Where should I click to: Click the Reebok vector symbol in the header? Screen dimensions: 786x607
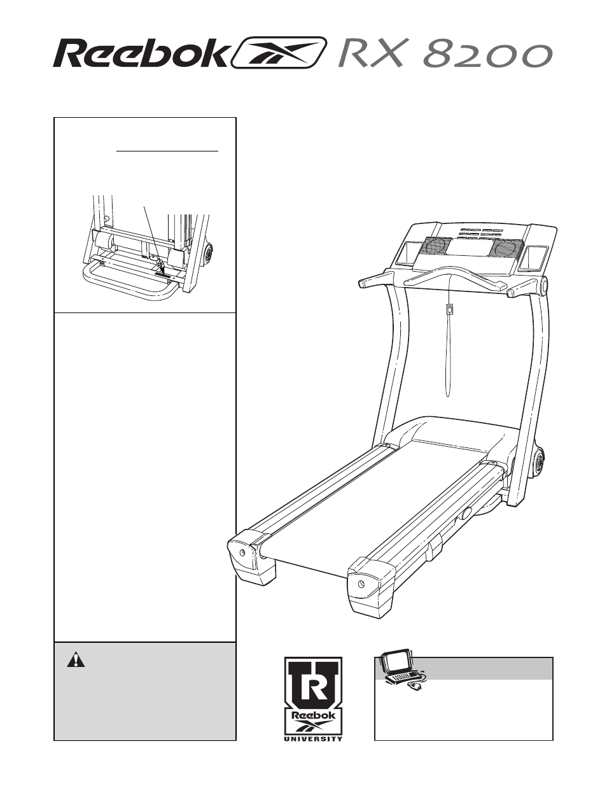[280, 53]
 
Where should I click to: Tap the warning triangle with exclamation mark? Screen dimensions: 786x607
[76, 659]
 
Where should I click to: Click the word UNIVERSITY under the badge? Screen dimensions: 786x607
[313, 738]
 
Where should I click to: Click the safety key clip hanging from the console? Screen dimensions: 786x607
[449, 310]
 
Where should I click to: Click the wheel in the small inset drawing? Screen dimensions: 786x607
[208, 255]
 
